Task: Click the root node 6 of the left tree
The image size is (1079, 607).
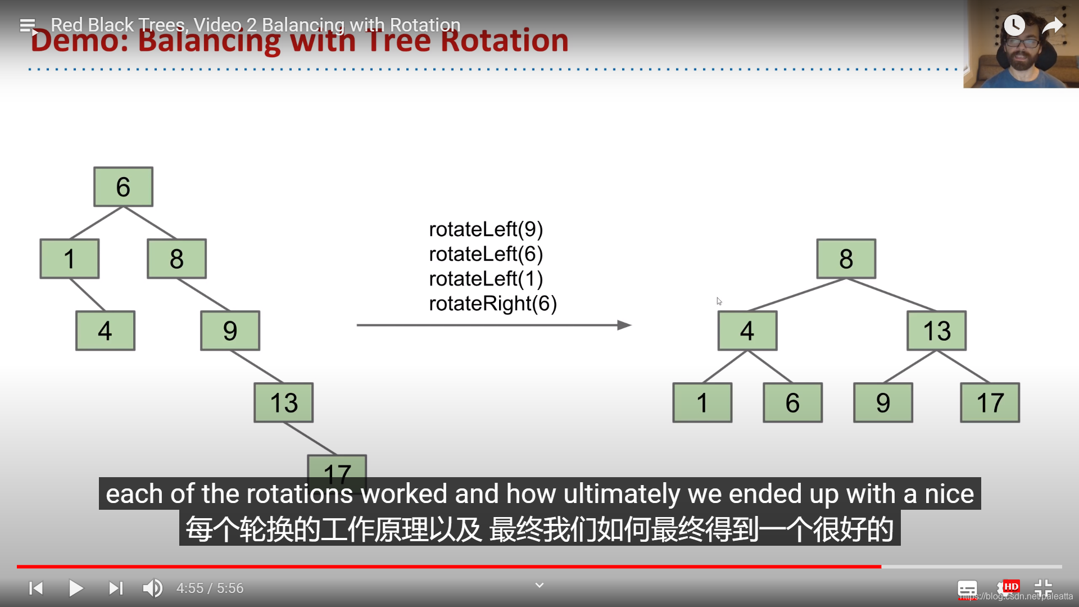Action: tap(123, 187)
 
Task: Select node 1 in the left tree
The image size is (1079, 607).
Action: tap(69, 259)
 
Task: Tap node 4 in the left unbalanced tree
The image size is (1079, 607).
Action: tap(105, 330)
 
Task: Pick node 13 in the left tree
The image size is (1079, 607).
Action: tap(283, 402)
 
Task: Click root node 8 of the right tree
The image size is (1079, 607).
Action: tap(846, 259)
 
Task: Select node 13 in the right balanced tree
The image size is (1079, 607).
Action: tap(936, 330)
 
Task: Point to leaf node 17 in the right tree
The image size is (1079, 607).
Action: tap(990, 402)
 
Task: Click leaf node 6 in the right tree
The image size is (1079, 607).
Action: tap(792, 402)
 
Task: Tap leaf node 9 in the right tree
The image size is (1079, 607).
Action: tap(883, 402)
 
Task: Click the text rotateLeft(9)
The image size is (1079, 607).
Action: tap(486, 229)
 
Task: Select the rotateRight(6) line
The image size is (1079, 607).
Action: tap(492, 303)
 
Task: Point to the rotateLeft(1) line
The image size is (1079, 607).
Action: tap(486, 279)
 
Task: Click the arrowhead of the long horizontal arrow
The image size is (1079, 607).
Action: tap(624, 325)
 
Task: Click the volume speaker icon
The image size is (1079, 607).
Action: tap(152, 588)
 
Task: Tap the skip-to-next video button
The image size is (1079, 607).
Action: tap(116, 588)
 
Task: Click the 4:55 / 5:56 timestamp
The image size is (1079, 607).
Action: tap(210, 588)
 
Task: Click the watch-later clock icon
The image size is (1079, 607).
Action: tap(1014, 25)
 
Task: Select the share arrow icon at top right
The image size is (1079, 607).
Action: tap(1052, 25)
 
